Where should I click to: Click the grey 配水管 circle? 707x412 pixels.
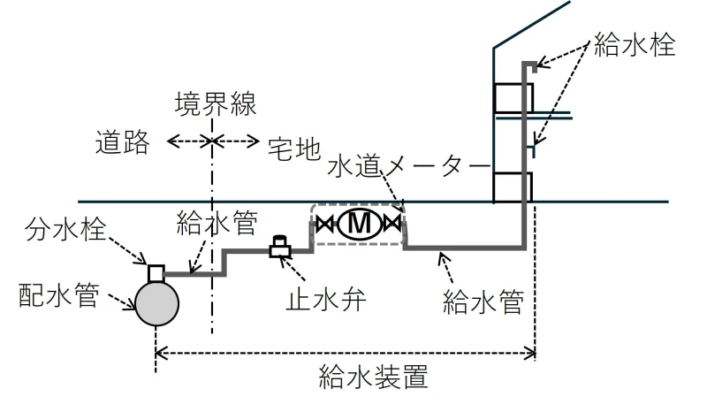click(157, 304)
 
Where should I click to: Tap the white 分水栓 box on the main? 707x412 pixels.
click(156, 272)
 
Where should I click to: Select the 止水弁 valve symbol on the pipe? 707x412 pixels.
click(280, 247)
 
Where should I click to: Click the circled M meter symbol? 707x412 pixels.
click(360, 223)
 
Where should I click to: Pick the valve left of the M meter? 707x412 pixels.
click(324, 223)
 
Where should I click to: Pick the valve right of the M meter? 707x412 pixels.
click(392, 223)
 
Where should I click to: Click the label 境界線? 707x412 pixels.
click(216, 103)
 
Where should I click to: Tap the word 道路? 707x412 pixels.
click(122, 142)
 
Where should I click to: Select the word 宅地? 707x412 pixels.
click(294, 149)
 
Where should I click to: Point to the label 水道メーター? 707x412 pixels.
click(408, 166)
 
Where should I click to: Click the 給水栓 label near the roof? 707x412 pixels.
click(635, 44)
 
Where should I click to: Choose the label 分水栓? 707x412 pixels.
click(65, 229)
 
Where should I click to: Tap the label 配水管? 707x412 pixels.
click(59, 295)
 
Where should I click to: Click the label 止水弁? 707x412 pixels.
click(326, 300)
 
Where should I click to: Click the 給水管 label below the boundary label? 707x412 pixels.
click(217, 223)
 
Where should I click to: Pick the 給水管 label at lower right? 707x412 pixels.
click(483, 301)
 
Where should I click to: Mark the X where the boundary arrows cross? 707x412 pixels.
click(212, 141)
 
